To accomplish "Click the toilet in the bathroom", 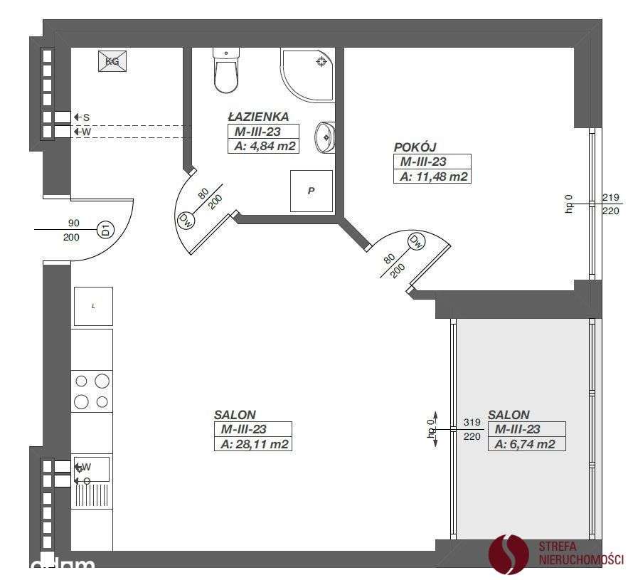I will pyautogui.click(x=225, y=71).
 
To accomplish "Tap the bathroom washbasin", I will pyautogui.click(x=325, y=136).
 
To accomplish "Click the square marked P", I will pyautogui.click(x=312, y=191).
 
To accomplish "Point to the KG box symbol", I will pyautogui.click(x=112, y=61).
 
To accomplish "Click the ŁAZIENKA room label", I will pyautogui.click(x=258, y=117).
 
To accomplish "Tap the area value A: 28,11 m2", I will pyautogui.click(x=252, y=444).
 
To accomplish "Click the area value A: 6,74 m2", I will pyautogui.click(x=526, y=444).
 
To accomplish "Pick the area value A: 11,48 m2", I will pyautogui.click(x=433, y=176).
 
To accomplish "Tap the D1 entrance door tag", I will pyautogui.click(x=105, y=230).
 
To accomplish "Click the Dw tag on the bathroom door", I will pyautogui.click(x=186, y=219).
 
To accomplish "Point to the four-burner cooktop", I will pyautogui.click(x=92, y=391).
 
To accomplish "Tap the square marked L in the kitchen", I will pyautogui.click(x=93, y=306).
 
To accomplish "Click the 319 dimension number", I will pyautogui.click(x=472, y=422).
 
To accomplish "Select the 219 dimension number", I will pyautogui.click(x=610, y=197).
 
